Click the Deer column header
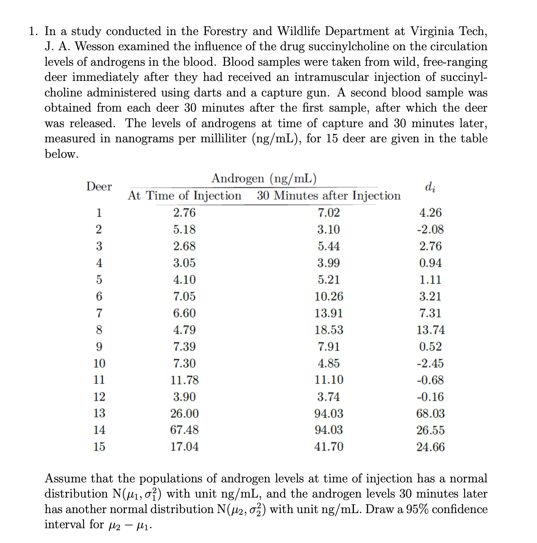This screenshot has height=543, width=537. tap(99, 186)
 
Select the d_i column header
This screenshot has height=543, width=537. tap(430, 186)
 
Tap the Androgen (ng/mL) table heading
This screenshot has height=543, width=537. tap(264, 178)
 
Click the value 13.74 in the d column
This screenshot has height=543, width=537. tap(430, 330)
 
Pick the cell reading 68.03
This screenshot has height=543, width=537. tap(430, 413)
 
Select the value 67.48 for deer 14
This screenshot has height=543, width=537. tap(184, 430)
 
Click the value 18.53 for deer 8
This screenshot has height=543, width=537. tap(328, 330)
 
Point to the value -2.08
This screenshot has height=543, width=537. tap(430, 229)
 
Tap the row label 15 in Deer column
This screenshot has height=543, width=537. tap(99, 447)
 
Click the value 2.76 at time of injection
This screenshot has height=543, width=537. tap(184, 212)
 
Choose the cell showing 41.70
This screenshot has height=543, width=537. tap(328, 447)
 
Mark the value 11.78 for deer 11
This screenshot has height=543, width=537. tap(184, 380)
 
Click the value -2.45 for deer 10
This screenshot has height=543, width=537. tap(430, 363)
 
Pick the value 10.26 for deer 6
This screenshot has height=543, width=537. tap(328, 296)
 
